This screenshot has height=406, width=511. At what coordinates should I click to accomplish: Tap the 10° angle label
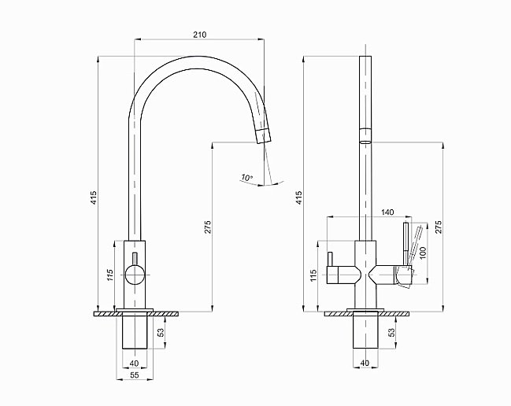[x=248, y=178]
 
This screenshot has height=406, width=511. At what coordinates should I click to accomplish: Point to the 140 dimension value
[x=387, y=212]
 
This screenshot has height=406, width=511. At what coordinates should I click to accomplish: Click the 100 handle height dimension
[x=423, y=253]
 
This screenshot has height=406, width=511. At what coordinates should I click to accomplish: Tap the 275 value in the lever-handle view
[x=439, y=227]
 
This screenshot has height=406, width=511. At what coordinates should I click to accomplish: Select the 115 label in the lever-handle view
[x=313, y=275]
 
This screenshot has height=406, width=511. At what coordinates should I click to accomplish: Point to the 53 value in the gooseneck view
[x=161, y=333]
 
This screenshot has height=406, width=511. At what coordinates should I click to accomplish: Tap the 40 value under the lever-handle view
[x=364, y=363]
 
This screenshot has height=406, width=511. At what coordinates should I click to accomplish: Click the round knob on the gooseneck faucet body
[x=135, y=275]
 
